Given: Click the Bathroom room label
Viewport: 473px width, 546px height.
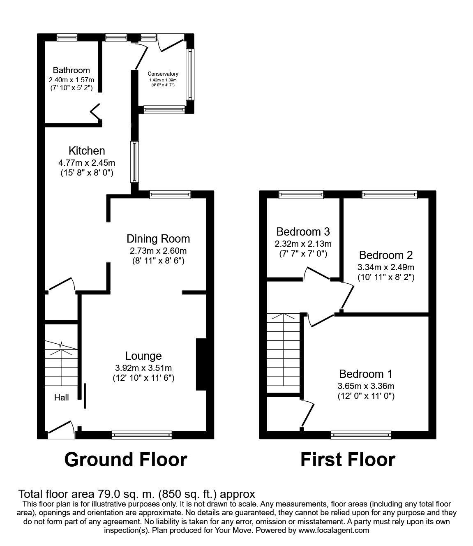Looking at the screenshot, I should (x=71, y=70).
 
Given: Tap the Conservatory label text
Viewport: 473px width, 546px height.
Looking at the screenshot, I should (x=163, y=74).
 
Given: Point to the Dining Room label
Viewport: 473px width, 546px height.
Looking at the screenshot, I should (x=158, y=238).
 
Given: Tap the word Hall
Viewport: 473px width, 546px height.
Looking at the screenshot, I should (x=62, y=398).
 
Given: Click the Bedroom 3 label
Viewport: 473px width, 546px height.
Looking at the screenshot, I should (x=303, y=231).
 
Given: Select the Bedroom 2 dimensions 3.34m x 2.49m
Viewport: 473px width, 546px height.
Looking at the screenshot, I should (x=386, y=267).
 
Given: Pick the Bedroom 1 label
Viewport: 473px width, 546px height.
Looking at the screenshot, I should (x=365, y=374).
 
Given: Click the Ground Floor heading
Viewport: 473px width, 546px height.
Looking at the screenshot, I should (x=126, y=459).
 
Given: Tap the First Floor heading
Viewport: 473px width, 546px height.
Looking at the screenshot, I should (x=348, y=459).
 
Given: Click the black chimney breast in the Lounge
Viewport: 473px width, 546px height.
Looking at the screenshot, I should (x=201, y=364).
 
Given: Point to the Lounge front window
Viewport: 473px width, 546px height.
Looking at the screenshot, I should (x=141, y=435).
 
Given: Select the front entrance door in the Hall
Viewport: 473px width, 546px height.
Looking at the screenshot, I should (x=61, y=430).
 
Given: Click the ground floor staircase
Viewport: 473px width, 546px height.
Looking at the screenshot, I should (x=61, y=362).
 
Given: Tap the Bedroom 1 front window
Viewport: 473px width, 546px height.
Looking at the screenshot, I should (x=361, y=435).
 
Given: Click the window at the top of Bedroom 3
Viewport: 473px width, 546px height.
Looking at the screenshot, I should (x=301, y=195).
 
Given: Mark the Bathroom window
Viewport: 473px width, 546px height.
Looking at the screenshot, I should (x=67, y=38).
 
